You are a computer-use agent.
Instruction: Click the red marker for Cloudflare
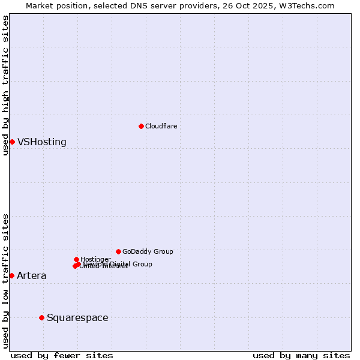(141, 126)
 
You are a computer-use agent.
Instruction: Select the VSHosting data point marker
(12, 142)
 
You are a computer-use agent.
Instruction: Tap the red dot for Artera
(11, 275)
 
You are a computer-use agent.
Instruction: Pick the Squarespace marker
(41, 317)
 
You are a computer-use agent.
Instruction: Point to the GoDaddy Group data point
(118, 251)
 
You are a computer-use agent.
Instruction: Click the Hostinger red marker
(76, 259)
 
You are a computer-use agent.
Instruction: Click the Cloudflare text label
(161, 126)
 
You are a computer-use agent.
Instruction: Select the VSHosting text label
(41, 142)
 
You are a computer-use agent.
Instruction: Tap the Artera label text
(31, 276)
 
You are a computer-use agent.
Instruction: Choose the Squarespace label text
(77, 318)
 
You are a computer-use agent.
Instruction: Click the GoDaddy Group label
(148, 252)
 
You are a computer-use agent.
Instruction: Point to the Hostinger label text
(95, 259)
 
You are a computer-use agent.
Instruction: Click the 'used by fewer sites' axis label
(62, 355)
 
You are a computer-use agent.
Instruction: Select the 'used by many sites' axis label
(301, 355)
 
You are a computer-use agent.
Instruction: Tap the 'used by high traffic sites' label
(5, 85)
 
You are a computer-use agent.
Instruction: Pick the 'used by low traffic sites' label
(5, 280)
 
